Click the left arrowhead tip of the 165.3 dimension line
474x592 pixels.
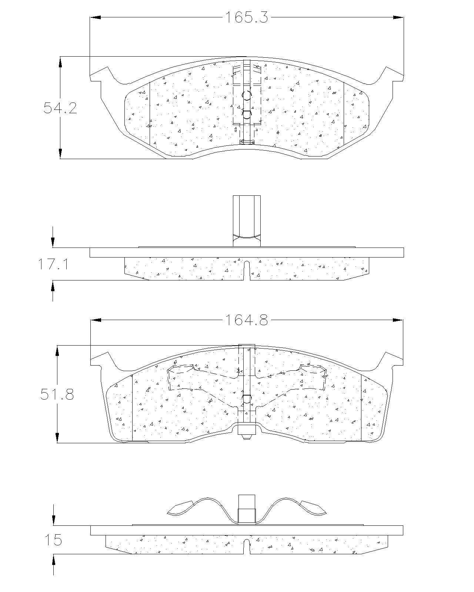point(90,17)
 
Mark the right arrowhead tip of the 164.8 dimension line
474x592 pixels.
point(403,320)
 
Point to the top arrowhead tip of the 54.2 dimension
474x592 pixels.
point(60,57)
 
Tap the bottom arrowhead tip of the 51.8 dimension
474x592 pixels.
point(57,443)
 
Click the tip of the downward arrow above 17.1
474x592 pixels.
point(53,248)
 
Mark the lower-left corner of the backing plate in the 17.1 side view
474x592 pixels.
point(90,257)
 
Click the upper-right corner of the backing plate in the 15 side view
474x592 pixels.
point(403,526)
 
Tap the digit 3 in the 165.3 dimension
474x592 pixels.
point(263,17)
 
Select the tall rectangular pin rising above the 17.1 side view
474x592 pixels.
point(247,221)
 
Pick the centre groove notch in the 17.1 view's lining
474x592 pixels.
point(247,270)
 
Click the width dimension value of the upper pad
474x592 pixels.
point(247,17)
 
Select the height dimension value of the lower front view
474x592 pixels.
point(57,394)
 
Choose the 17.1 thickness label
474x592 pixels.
point(53,264)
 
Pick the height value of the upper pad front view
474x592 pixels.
point(60,108)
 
